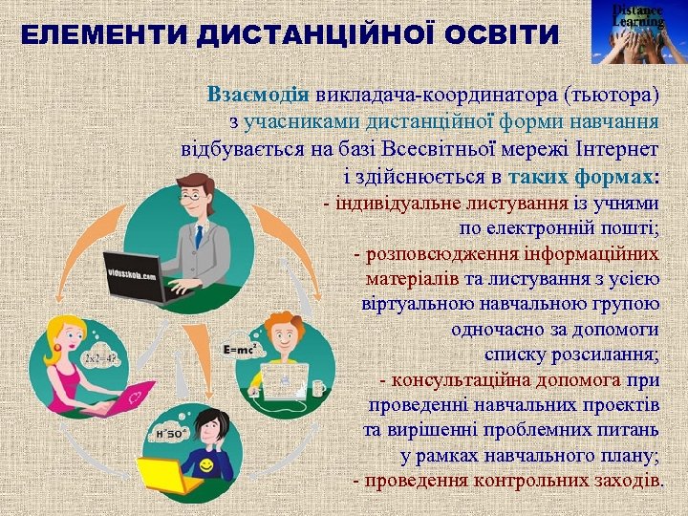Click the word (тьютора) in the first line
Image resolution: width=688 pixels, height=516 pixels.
612,96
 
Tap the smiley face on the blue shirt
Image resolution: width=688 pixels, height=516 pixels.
207,465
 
